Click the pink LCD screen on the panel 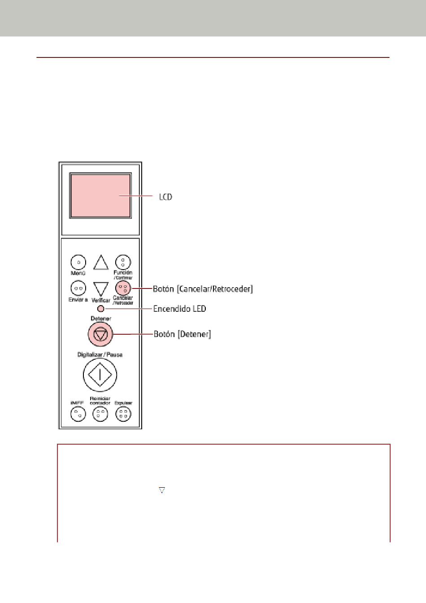click(x=100, y=196)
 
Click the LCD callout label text click(x=165, y=197)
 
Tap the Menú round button click(x=78, y=262)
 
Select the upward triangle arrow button click(x=101, y=263)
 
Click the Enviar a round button click(x=78, y=288)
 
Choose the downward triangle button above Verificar click(x=101, y=288)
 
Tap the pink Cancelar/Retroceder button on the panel click(x=123, y=288)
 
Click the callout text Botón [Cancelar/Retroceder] click(x=203, y=288)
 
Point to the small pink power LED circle click(x=101, y=309)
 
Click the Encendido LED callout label click(x=179, y=309)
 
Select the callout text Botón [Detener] click(x=182, y=334)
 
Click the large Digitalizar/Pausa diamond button click(x=100, y=375)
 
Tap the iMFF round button click(x=78, y=414)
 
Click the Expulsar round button click(x=123, y=414)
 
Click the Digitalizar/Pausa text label click(x=100, y=354)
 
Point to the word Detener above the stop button click(x=101, y=319)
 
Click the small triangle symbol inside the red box click(x=162, y=490)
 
